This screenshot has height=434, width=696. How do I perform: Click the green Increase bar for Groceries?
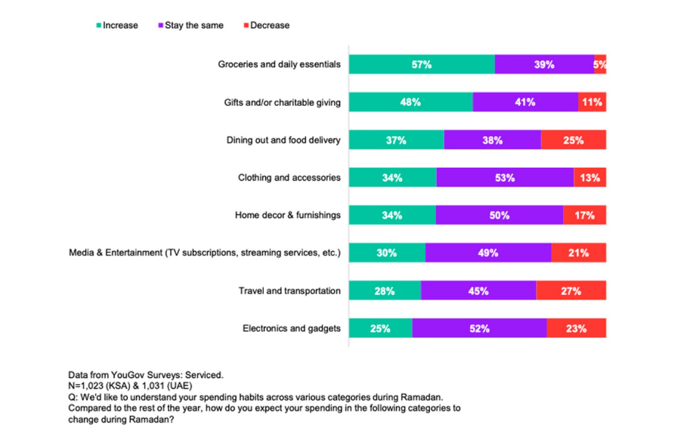pyautogui.click(x=422, y=64)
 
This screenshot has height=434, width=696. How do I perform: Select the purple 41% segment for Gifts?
pyautogui.click(x=525, y=102)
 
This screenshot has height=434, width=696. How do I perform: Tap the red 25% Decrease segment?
pyautogui.click(x=574, y=140)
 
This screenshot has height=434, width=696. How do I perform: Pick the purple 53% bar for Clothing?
pyautogui.click(x=505, y=178)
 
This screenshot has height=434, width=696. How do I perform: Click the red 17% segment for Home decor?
pyautogui.click(x=584, y=215)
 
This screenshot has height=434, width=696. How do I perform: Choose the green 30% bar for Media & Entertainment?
pyautogui.click(x=387, y=253)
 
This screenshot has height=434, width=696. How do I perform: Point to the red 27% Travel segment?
pyautogui.click(x=571, y=291)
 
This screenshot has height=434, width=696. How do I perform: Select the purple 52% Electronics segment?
pyautogui.click(x=479, y=329)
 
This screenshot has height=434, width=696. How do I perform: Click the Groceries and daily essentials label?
pyautogui.click(x=280, y=64)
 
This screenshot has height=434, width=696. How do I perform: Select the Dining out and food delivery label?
pyautogui.click(x=283, y=140)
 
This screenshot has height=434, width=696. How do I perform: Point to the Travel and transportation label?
pyautogui.click(x=289, y=291)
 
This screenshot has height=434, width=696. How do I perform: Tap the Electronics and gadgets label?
pyautogui.click(x=292, y=329)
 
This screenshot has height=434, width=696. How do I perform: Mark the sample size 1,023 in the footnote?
pyautogui.click(x=94, y=385)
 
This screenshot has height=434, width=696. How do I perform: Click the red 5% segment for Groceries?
pyautogui.click(x=600, y=64)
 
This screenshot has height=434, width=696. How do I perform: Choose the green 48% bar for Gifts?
pyautogui.click(x=410, y=102)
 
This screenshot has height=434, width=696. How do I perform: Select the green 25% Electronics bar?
pyautogui.click(x=380, y=329)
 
